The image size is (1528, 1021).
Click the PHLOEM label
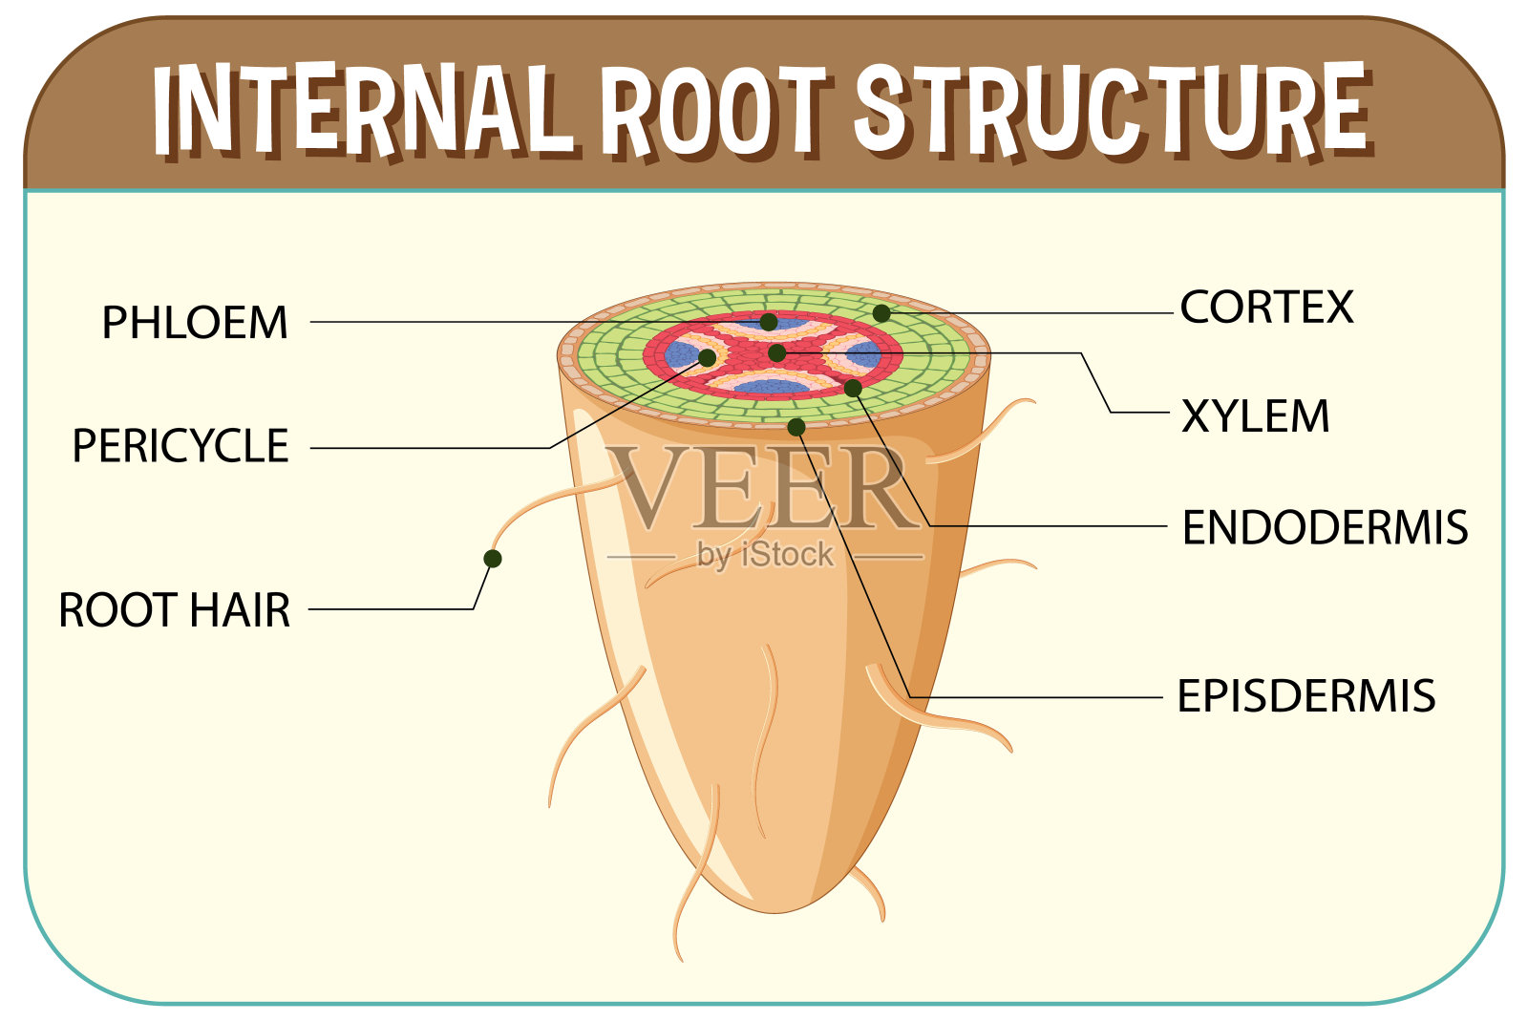point(195,323)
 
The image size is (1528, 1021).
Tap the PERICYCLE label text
point(180,446)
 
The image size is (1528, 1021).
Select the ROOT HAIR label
point(175,610)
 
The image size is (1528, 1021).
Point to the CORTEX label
point(1266,308)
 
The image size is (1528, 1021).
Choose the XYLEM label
point(1255,416)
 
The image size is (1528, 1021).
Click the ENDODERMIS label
point(1325,527)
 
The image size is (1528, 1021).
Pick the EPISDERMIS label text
point(1305,696)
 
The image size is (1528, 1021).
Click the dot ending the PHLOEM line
point(769,322)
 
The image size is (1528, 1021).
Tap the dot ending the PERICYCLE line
point(708,358)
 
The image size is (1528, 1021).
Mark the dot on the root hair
point(493,559)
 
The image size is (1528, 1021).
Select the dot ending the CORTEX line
point(881,313)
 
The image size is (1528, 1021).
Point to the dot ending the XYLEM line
point(777,353)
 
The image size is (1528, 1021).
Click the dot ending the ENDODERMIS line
point(853,389)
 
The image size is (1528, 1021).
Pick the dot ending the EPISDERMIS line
point(796,427)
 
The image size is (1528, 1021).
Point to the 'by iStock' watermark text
point(765,555)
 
